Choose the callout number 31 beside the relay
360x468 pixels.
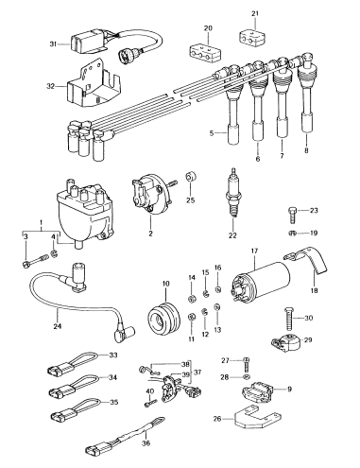tap(54, 43)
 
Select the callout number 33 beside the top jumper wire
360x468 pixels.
tap(112, 355)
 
